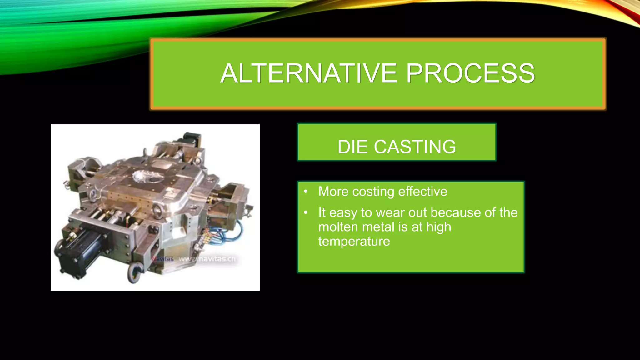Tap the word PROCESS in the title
pos(470,73)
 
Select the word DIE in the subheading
pos(353,147)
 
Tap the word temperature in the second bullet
pos(354,241)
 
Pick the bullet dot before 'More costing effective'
pos(306,191)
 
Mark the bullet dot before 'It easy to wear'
pos(306,212)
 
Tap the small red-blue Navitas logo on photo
pos(162,259)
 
